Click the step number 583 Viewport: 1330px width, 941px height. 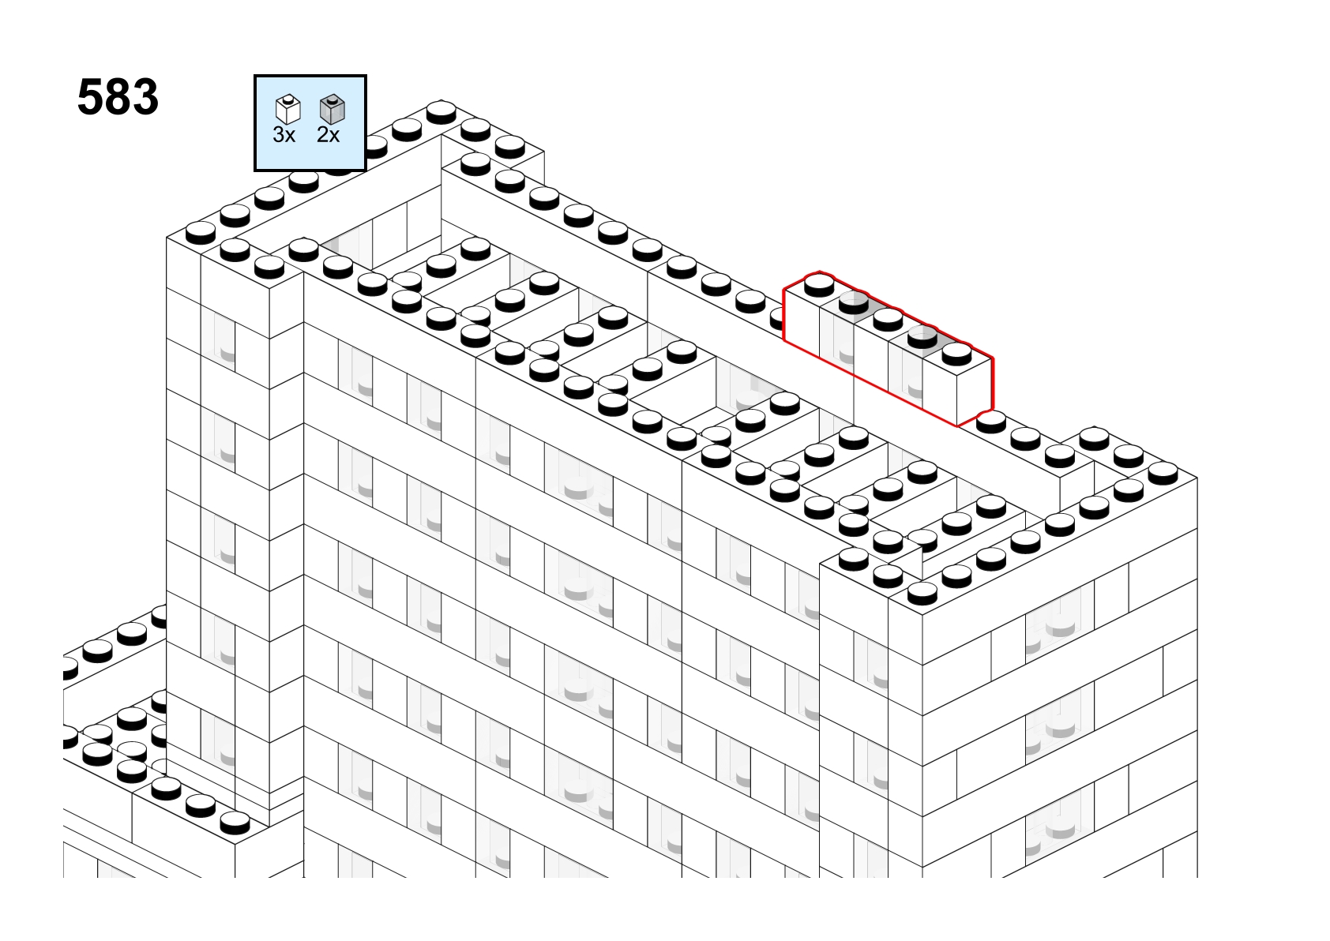click(x=118, y=97)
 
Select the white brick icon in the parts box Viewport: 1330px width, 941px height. click(x=288, y=109)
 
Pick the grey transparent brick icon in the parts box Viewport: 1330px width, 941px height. click(x=332, y=109)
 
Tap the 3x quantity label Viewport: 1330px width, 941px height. click(x=284, y=135)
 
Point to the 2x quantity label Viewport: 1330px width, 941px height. click(x=328, y=135)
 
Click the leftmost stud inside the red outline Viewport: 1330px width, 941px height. click(x=819, y=285)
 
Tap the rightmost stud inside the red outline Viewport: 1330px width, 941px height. click(x=956, y=354)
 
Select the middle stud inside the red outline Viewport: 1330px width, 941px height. click(x=888, y=319)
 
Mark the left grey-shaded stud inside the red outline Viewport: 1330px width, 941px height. click(x=854, y=302)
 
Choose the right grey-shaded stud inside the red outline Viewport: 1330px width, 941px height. click(x=922, y=336)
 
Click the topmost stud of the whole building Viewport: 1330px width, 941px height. click(x=441, y=112)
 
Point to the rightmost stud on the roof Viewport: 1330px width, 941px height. click(x=1163, y=473)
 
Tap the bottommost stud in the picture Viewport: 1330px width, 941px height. click(x=235, y=823)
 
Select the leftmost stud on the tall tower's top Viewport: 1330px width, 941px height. click(x=201, y=233)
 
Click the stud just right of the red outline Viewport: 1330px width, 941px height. click(x=991, y=422)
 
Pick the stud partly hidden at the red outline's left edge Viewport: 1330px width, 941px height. click(x=778, y=319)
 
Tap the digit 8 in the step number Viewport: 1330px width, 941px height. click(x=118, y=97)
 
